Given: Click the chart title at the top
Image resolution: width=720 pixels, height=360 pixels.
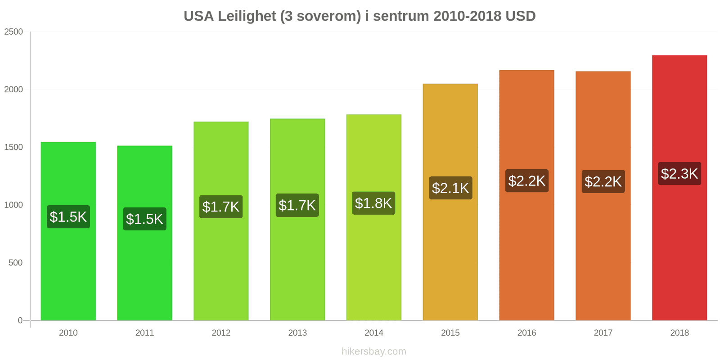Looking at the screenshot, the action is (360, 16).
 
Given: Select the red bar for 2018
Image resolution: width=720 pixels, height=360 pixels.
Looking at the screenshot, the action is (679, 188).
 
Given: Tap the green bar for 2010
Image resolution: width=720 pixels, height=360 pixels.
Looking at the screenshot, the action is (68, 231).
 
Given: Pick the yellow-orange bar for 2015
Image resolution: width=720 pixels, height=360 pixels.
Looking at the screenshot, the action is (450, 202).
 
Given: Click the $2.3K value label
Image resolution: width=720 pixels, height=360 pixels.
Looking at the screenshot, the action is (679, 174).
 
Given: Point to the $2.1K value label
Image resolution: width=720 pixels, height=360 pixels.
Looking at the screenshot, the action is (450, 188).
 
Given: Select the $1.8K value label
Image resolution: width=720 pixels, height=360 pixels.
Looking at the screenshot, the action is (373, 203).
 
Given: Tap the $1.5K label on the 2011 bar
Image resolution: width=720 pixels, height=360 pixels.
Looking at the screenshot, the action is (144, 219).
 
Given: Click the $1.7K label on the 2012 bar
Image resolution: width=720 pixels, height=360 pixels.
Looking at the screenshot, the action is (221, 207).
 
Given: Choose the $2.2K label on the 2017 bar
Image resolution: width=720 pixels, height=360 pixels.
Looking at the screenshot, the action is (603, 182).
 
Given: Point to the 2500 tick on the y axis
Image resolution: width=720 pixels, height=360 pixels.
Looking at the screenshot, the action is (13, 32).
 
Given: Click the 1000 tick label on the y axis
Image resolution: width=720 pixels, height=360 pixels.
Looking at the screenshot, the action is (13, 205).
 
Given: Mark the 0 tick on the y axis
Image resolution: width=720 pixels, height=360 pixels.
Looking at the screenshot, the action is (20, 320).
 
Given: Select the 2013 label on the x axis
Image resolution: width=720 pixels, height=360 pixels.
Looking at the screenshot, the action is (297, 333).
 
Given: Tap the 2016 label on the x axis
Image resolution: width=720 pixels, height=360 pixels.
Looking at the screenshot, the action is (526, 333).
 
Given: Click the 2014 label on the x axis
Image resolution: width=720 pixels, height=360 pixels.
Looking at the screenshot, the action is (374, 333).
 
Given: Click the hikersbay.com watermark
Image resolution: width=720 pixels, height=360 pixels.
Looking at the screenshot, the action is (374, 351).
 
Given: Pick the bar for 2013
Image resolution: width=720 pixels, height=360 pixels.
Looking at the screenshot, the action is (297, 220).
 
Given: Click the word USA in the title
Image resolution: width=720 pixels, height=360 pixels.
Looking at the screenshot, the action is (198, 16).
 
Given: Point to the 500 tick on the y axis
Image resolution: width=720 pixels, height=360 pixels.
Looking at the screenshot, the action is (15, 263).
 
